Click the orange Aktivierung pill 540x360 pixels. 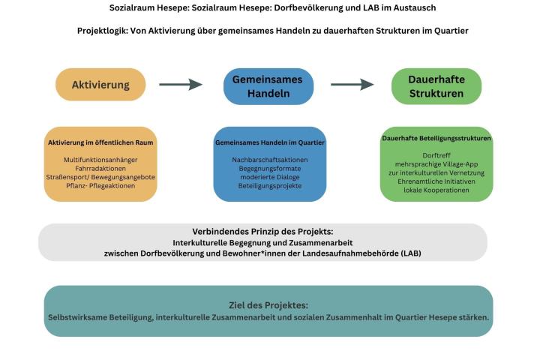[x=100, y=85]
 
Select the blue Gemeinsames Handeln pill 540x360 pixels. [x=268, y=86]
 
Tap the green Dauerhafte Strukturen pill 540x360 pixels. [x=436, y=86]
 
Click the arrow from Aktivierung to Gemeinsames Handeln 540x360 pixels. [x=181, y=84]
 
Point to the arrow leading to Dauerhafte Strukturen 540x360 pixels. [x=352, y=84]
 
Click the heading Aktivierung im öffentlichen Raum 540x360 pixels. [x=100, y=142]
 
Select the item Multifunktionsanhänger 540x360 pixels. [x=100, y=160]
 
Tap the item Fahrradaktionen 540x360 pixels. [x=100, y=169]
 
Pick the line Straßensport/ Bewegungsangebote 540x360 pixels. [x=100, y=177]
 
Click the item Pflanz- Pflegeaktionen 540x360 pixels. [x=100, y=186]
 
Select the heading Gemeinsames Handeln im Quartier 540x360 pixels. [x=270, y=142]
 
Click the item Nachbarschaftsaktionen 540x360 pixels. [x=270, y=160]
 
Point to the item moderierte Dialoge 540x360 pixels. [x=270, y=177]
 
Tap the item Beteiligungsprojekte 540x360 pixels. [x=270, y=186]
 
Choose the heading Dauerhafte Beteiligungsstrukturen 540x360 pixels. [x=436, y=138]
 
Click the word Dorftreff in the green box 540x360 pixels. [x=436, y=155]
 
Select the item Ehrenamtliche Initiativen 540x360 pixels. [x=436, y=181]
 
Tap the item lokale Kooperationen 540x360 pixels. [x=436, y=190]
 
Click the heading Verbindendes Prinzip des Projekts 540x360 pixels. [x=262, y=232]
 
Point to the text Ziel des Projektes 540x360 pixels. [x=268, y=305]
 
